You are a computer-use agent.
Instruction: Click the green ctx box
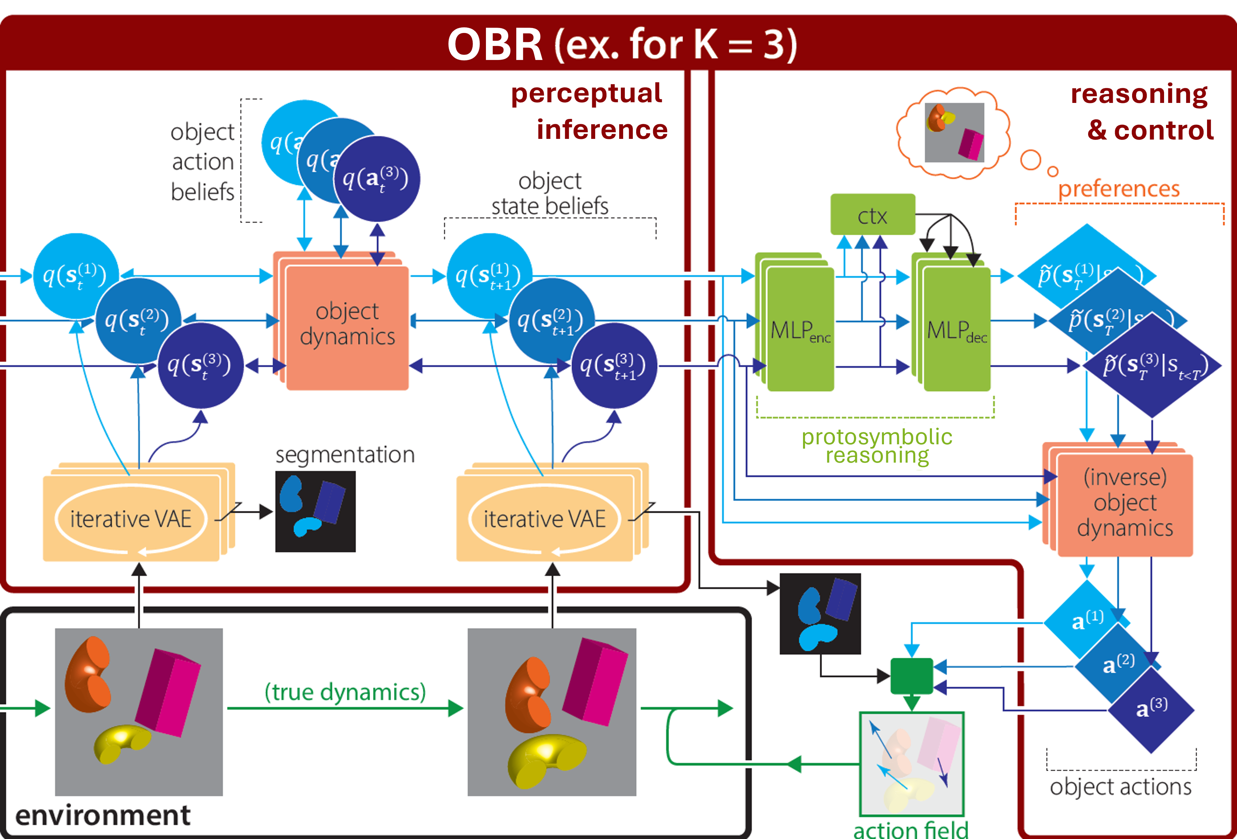(x=872, y=214)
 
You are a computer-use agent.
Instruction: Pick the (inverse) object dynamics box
(x=1125, y=503)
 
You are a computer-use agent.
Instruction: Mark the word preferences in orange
(x=1118, y=189)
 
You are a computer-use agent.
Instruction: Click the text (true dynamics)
(x=345, y=691)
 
